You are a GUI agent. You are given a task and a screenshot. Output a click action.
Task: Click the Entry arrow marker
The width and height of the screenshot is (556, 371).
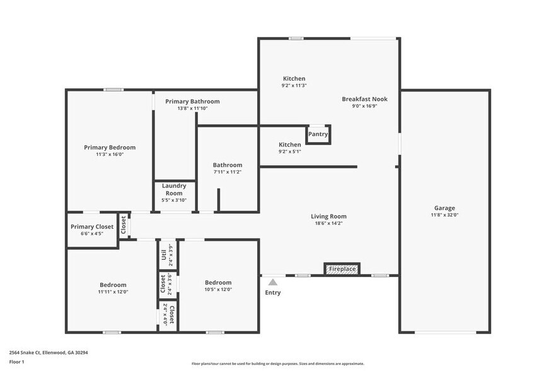click(272, 282)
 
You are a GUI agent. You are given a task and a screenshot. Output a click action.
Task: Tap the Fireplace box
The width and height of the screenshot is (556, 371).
click(341, 269)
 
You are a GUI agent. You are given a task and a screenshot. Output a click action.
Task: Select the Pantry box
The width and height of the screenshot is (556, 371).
click(318, 134)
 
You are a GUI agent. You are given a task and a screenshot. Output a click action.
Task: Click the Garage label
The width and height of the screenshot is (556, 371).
click(444, 208)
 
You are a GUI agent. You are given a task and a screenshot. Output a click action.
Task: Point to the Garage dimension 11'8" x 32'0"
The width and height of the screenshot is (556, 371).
click(444, 215)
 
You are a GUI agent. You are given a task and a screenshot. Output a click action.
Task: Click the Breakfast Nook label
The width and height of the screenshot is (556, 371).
click(364, 99)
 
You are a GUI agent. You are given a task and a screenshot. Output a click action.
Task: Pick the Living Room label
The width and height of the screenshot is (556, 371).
click(328, 216)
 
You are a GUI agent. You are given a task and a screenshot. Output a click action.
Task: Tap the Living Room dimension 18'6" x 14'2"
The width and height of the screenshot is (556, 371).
click(328, 223)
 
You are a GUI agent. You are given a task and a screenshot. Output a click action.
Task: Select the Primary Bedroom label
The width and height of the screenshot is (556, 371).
click(110, 147)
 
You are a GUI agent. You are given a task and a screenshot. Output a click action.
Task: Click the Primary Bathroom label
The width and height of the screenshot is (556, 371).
click(192, 101)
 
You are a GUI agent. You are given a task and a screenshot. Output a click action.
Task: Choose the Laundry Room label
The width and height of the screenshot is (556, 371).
click(174, 189)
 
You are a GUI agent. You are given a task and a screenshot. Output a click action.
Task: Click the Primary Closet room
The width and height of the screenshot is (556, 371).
click(92, 230)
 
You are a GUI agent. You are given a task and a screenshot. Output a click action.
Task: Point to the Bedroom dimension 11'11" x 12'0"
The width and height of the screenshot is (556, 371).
click(112, 291)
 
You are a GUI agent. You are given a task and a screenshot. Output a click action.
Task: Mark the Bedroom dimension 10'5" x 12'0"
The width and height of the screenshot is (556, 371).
click(217, 290)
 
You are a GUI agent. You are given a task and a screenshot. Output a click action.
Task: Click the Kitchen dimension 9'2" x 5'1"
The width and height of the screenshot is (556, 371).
click(290, 151)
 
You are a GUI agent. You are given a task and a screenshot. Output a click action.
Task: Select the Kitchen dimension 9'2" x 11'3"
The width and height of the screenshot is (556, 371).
click(294, 86)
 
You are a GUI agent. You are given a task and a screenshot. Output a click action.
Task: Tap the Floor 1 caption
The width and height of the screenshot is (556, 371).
click(16, 362)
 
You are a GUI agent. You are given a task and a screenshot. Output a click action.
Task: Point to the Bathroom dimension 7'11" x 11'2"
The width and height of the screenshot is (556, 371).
click(228, 172)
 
